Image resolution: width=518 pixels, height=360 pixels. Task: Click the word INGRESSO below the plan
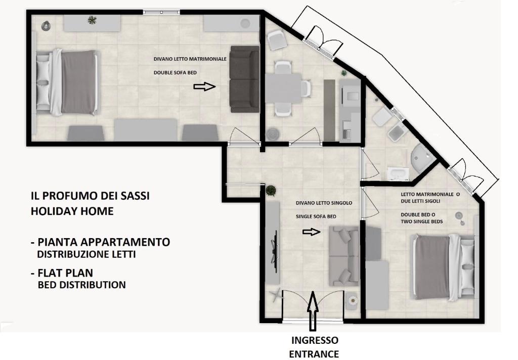pos(314,340)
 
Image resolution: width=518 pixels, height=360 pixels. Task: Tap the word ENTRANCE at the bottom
pos(314,354)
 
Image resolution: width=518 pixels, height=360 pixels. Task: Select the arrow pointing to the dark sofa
pos(204,87)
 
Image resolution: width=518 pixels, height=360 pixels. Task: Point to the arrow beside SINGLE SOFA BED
pos(311,232)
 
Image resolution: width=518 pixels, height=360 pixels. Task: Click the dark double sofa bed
pos(244,79)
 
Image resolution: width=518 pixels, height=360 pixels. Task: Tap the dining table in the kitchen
pos(283,87)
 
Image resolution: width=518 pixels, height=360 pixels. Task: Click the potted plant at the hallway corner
pos(271,191)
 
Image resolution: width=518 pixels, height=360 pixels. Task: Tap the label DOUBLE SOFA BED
pos(175,73)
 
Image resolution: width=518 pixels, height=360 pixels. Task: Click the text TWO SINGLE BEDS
pos(421,221)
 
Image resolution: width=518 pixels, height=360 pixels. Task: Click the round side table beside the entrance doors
pos(353,300)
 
